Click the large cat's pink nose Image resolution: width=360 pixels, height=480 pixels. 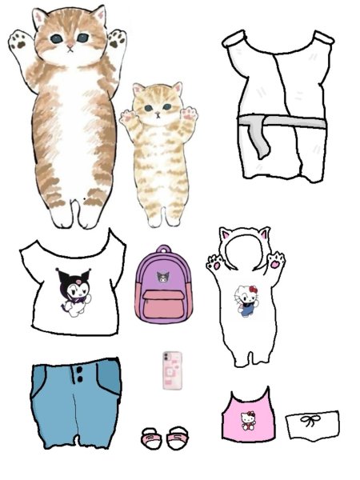pos(71,46)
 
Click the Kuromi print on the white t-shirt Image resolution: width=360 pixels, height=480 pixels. pos(72,290)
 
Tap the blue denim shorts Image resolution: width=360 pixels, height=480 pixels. pos(75,401)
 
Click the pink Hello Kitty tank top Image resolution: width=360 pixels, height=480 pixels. pos(246,416)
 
